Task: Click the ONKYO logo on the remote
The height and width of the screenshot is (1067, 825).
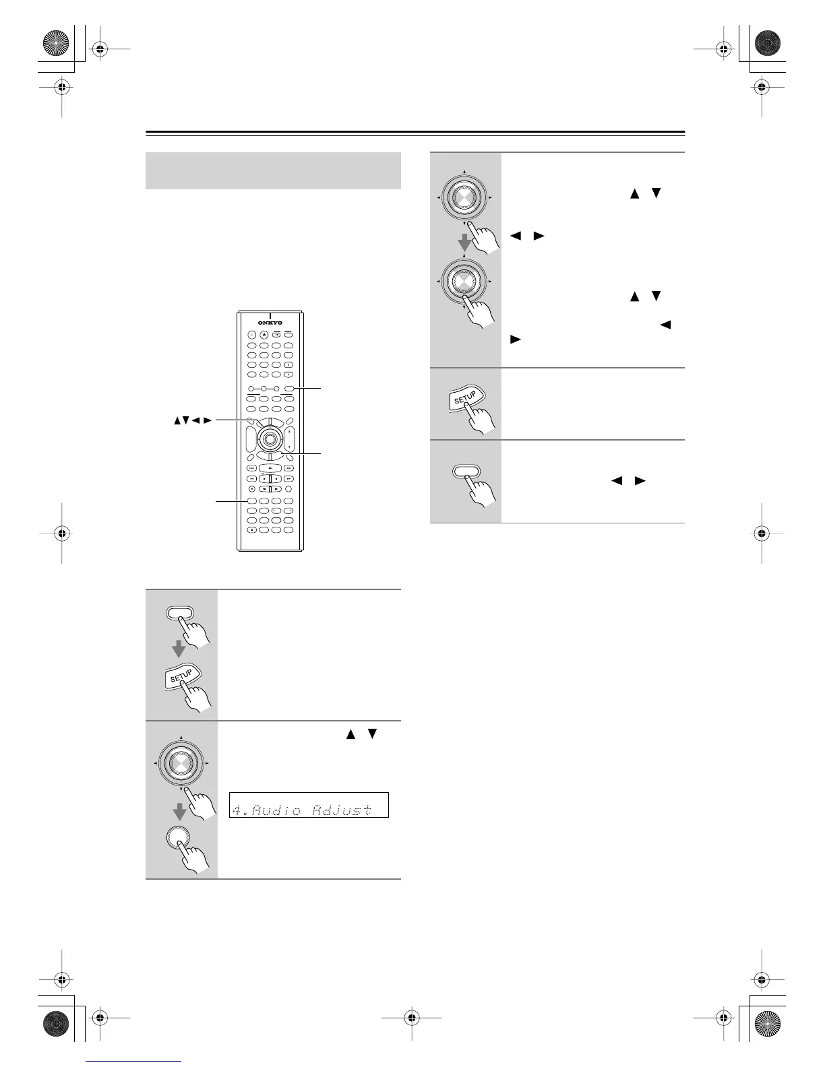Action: (269, 322)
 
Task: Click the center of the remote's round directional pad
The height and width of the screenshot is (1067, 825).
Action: (269, 439)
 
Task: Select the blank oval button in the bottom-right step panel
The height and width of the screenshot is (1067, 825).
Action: (464, 472)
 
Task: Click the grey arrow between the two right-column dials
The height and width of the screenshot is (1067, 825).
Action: (464, 243)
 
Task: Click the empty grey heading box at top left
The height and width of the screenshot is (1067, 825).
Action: (273, 170)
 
